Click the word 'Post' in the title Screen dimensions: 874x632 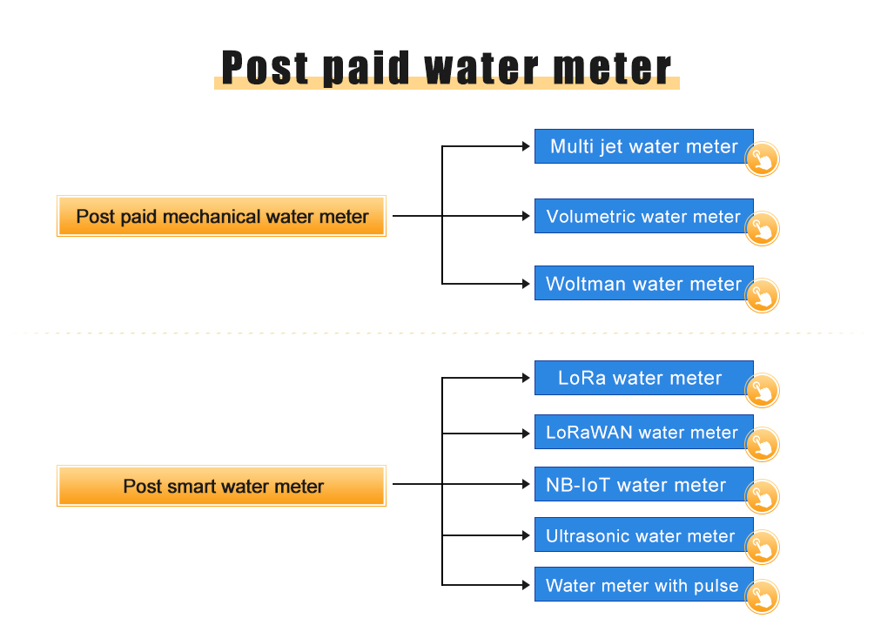(x=266, y=69)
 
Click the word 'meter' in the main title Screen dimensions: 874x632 (x=612, y=69)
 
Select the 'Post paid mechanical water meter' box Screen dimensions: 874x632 (x=221, y=216)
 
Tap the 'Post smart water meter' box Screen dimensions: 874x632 (x=221, y=486)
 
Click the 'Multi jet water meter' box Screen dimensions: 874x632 (x=644, y=146)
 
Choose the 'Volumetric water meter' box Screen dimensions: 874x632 (x=644, y=216)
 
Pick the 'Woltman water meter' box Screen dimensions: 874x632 (x=644, y=283)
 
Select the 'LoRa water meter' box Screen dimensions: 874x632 (x=644, y=378)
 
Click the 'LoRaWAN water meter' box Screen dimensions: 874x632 (x=644, y=432)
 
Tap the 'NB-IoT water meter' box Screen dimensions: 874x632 (x=644, y=484)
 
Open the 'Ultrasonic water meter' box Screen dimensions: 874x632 (x=644, y=535)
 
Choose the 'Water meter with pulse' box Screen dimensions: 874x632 (x=644, y=585)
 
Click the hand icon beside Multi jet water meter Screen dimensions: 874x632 (x=762, y=159)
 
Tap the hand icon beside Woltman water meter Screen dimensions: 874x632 (x=762, y=295)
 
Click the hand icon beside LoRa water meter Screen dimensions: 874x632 (x=762, y=390)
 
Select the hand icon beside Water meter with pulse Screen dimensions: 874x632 (x=762, y=597)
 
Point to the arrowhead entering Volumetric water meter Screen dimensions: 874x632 (x=526, y=216)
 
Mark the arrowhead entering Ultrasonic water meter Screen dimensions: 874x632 (x=526, y=535)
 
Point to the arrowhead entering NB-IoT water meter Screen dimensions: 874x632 (x=526, y=484)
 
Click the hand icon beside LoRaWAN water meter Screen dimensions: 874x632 (x=762, y=444)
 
